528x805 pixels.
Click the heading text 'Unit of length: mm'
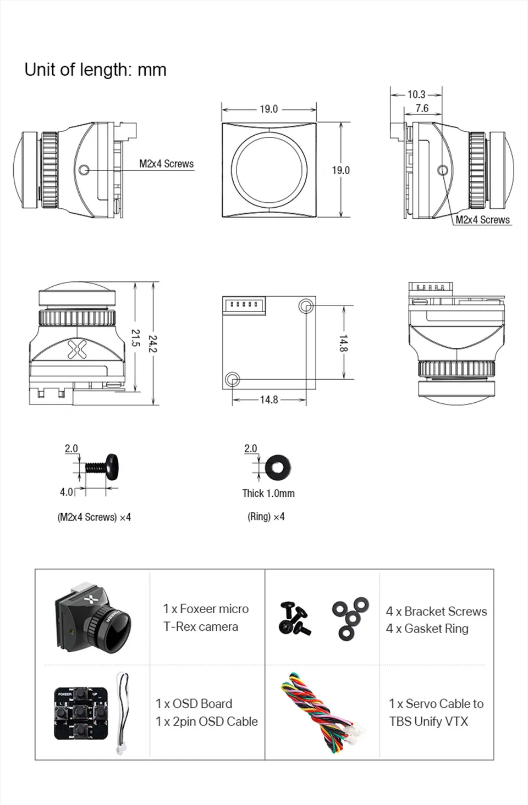pos(95,70)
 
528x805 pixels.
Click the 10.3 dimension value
pos(416,95)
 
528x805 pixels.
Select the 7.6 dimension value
pos(422,108)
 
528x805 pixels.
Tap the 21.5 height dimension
pos(135,338)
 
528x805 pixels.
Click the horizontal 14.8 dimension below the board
pos(269,399)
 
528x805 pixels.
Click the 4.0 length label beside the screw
pos(66,492)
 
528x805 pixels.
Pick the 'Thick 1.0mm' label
pos(268,493)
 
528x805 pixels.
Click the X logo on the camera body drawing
pos(76,349)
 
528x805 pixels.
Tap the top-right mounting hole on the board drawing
pos(306,306)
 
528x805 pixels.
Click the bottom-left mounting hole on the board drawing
pos(232,378)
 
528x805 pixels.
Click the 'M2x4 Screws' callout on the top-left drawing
pos(166,164)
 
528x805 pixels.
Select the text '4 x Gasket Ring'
pos(427,629)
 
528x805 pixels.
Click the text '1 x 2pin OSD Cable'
pos(207,721)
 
